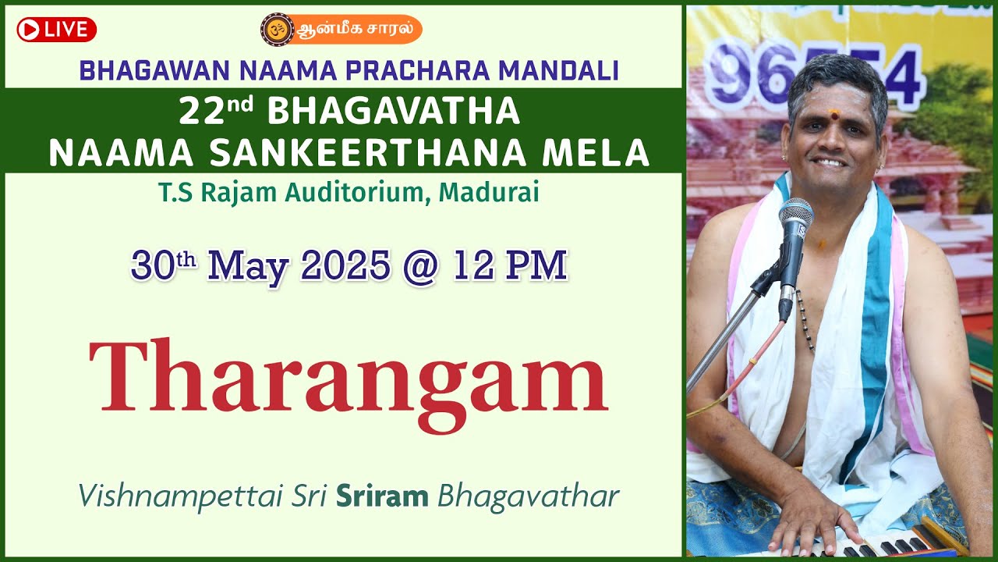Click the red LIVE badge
[56, 30]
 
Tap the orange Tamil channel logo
[341, 30]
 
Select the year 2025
[345, 266]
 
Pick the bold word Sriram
[382, 496]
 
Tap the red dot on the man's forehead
[834, 116]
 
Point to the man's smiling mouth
[830, 162]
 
